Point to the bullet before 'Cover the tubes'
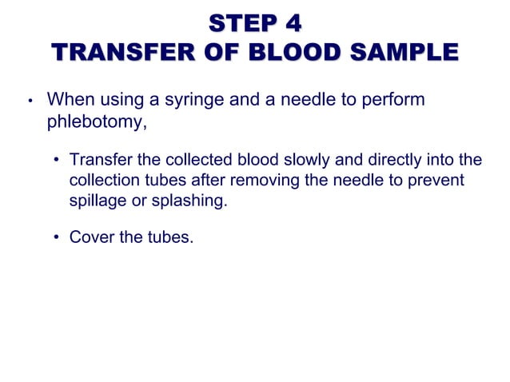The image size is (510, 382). point(58,237)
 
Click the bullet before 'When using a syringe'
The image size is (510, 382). point(28,102)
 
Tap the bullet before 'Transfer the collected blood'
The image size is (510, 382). point(58,160)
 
